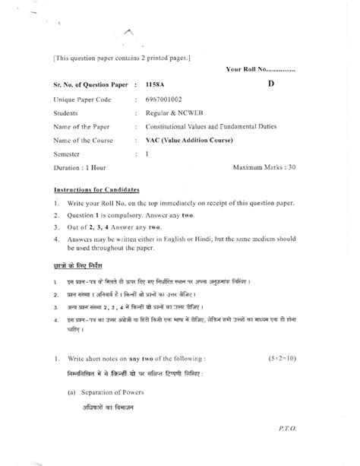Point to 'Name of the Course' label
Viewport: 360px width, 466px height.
pos(87,139)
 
